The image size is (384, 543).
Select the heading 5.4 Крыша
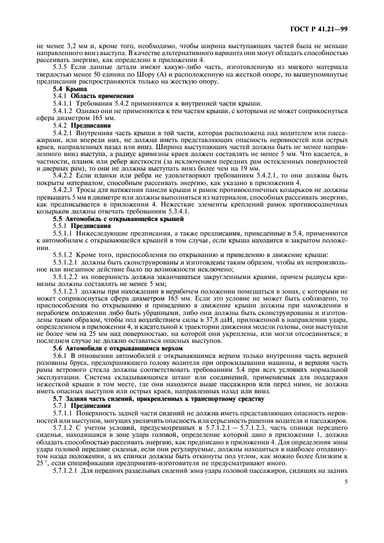click(x=69, y=88)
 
